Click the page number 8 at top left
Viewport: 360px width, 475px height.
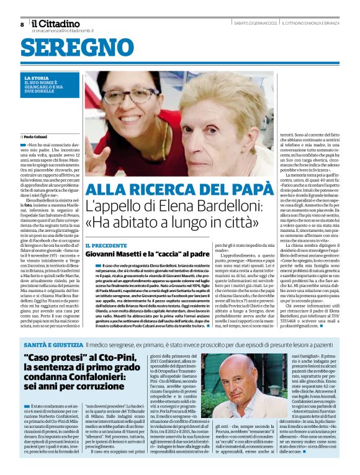(x=22, y=24)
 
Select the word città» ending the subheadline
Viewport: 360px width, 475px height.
(x=254, y=225)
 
